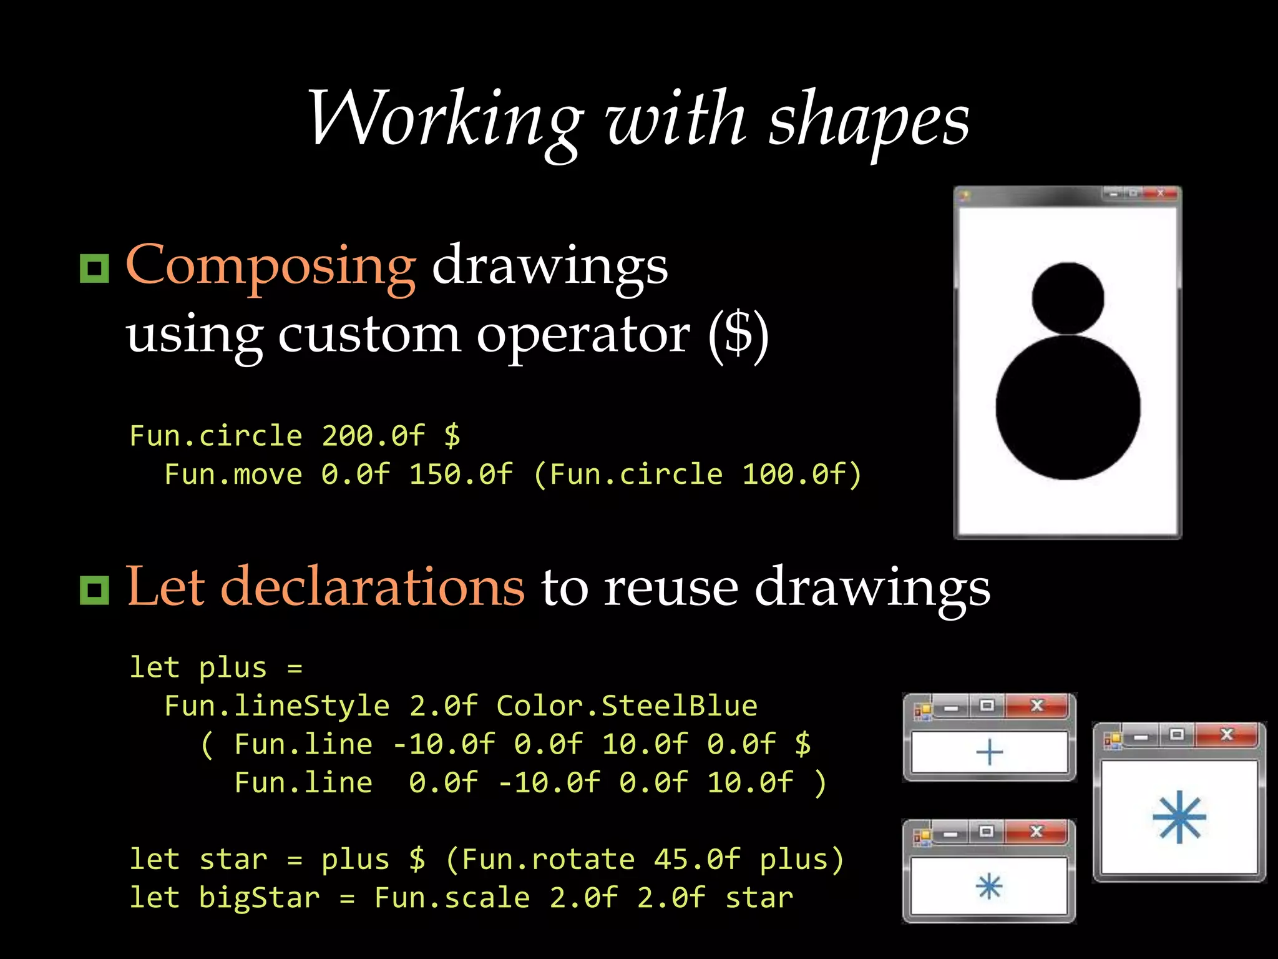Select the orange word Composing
coord(271,265)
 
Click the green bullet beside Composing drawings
coord(94,268)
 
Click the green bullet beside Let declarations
coord(94,590)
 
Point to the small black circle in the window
coord(1068,298)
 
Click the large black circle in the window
coord(1068,408)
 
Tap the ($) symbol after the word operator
coord(738,334)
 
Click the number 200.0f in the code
coord(373,436)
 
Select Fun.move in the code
coord(233,475)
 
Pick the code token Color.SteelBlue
coord(627,706)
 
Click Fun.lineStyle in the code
coord(276,706)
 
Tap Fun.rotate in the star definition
coord(548,860)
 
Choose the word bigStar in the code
coord(259,898)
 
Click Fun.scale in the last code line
coord(452,898)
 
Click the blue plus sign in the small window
coord(990,752)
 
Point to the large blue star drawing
coord(1179,817)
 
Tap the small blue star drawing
coord(990,887)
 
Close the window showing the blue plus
coord(1037,706)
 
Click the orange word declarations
coord(372,587)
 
